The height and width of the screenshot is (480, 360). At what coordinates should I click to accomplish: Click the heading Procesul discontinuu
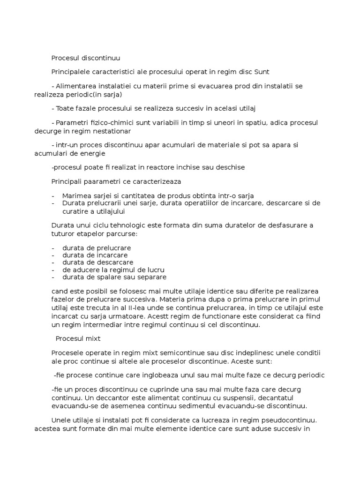pyautogui.click(x=86, y=58)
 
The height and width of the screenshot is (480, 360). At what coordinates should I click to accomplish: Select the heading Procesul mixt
pyautogui.click(x=78, y=338)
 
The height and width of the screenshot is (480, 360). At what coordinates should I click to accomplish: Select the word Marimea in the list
pyautogui.click(x=76, y=195)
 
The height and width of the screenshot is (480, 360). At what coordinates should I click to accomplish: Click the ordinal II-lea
pyautogui.click(x=122, y=307)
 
